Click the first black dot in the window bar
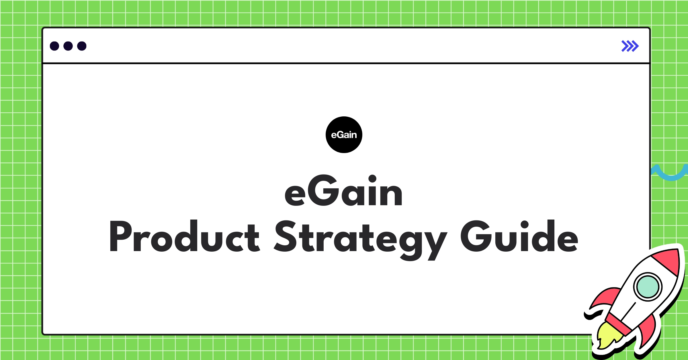click(54, 46)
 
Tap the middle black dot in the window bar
click(68, 46)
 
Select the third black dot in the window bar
click(82, 46)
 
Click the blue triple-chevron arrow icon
click(630, 46)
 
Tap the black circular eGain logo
click(344, 135)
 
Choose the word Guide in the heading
click(519, 237)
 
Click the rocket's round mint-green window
click(648, 287)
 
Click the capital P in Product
click(120, 237)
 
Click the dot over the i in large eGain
click(372, 179)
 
